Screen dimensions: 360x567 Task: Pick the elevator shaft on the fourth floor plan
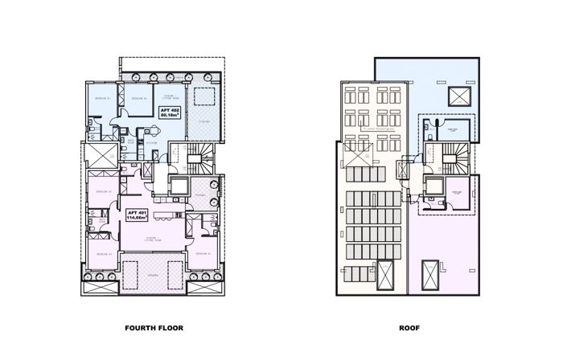[x=178, y=186]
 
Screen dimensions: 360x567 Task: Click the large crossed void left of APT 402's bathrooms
[x=101, y=154]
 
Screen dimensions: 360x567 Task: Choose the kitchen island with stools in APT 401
[x=163, y=216]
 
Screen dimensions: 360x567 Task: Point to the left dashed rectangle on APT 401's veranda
[x=100, y=283]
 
